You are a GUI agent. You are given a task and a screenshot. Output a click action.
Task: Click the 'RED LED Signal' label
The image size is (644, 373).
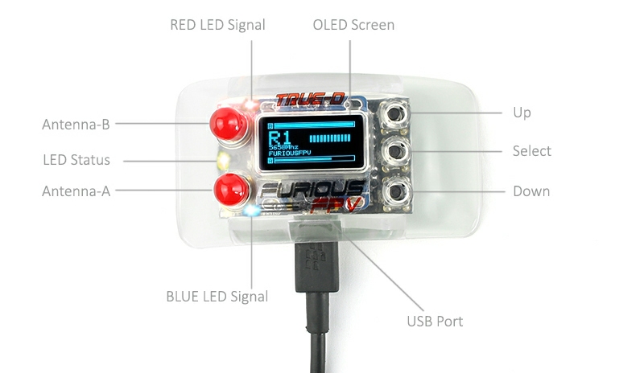[217, 25]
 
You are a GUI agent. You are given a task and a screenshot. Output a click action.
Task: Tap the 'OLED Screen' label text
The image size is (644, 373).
[353, 25]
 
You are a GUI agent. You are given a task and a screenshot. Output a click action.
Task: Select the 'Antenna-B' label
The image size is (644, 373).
[76, 125]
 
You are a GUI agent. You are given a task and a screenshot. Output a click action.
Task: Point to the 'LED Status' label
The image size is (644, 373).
[76, 160]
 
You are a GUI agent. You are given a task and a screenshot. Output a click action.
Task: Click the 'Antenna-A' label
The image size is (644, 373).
[76, 191]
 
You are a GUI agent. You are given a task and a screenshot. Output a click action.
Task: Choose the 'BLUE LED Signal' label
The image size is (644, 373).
[217, 297]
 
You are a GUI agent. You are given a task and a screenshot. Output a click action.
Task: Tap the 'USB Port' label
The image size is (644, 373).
[435, 322]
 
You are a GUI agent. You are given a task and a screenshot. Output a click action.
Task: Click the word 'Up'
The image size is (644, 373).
[522, 113]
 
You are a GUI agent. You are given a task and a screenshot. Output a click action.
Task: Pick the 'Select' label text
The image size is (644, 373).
[531, 151]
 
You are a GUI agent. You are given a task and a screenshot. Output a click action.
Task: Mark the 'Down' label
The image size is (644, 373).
[531, 191]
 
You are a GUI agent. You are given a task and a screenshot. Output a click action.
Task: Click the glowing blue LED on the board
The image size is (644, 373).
[252, 211]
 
